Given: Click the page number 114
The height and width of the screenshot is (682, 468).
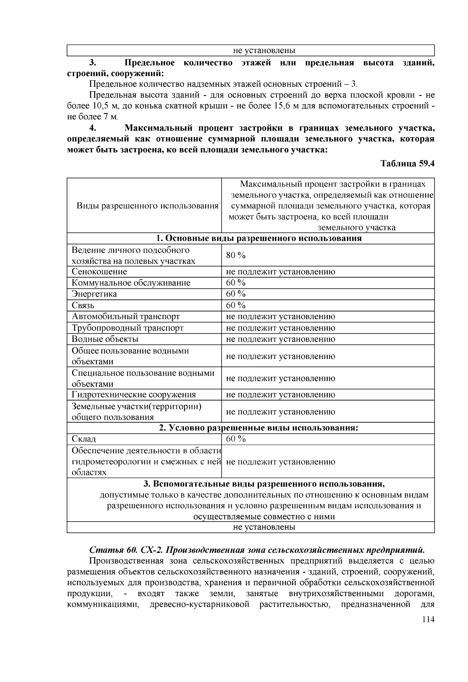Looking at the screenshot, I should (427, 620).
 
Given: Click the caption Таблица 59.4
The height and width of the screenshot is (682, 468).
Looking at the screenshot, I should (407, 164).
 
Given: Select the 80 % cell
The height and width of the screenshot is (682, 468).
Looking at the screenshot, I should (236, 256).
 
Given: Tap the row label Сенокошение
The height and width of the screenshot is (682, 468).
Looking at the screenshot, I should (99, 272).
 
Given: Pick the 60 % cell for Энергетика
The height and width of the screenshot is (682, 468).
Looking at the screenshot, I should (236, 294).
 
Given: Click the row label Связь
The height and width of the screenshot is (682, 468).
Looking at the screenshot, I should (83, 305).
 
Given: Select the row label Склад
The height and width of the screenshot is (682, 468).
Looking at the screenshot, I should (83, 439).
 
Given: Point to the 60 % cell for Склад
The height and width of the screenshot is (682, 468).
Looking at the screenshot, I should (236, 439).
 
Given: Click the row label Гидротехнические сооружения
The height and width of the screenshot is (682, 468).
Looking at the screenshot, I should (133, 394).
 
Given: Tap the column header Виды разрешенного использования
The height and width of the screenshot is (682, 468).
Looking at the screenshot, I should (147, 206).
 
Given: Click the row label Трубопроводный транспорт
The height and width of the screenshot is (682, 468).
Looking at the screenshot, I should (127, 328).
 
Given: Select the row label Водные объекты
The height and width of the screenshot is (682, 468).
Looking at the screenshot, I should (105, 339).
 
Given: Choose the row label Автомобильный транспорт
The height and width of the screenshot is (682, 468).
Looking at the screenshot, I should (126, 316).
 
